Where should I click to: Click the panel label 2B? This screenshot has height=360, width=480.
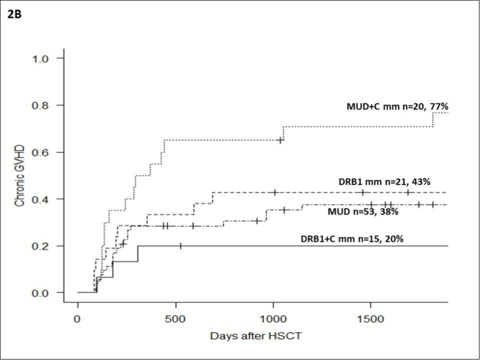[13, 13]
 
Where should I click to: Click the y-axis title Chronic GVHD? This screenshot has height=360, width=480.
[19, 175]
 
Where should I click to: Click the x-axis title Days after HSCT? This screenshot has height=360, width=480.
[256, 335]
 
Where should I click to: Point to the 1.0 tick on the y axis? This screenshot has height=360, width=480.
[43, 58]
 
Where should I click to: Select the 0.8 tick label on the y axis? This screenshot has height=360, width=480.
[43, 105]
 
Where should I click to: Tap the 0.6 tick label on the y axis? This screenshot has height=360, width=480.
[43, 152]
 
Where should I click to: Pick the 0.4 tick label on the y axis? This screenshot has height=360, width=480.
[43, 199]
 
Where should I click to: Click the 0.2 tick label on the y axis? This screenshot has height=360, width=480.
[43, 246]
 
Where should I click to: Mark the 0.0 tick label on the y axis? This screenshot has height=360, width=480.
[43, 293]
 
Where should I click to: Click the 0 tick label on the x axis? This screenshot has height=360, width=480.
[78, 319]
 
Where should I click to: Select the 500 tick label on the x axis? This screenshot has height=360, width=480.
[175, 319]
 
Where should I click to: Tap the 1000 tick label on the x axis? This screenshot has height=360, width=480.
[273, 319]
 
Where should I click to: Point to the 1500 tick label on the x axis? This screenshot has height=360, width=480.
[371, 319]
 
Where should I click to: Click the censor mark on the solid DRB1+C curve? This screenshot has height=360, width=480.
[180, 246]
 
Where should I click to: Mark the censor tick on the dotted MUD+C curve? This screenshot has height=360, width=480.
[280, 140]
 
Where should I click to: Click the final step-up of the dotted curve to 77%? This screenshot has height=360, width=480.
[433, 120]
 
